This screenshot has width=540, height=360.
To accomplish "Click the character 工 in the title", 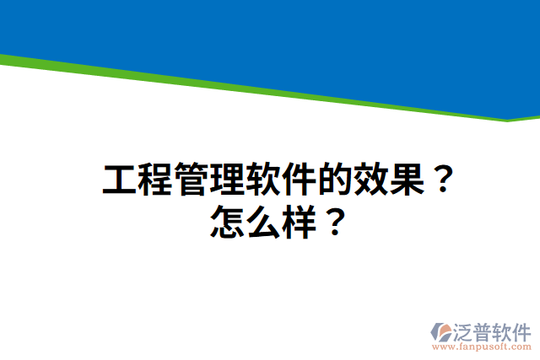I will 120,180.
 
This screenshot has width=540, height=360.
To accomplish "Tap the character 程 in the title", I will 155,180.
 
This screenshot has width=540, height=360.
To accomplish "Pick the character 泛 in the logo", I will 465,330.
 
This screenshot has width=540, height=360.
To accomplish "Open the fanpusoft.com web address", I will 481,347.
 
